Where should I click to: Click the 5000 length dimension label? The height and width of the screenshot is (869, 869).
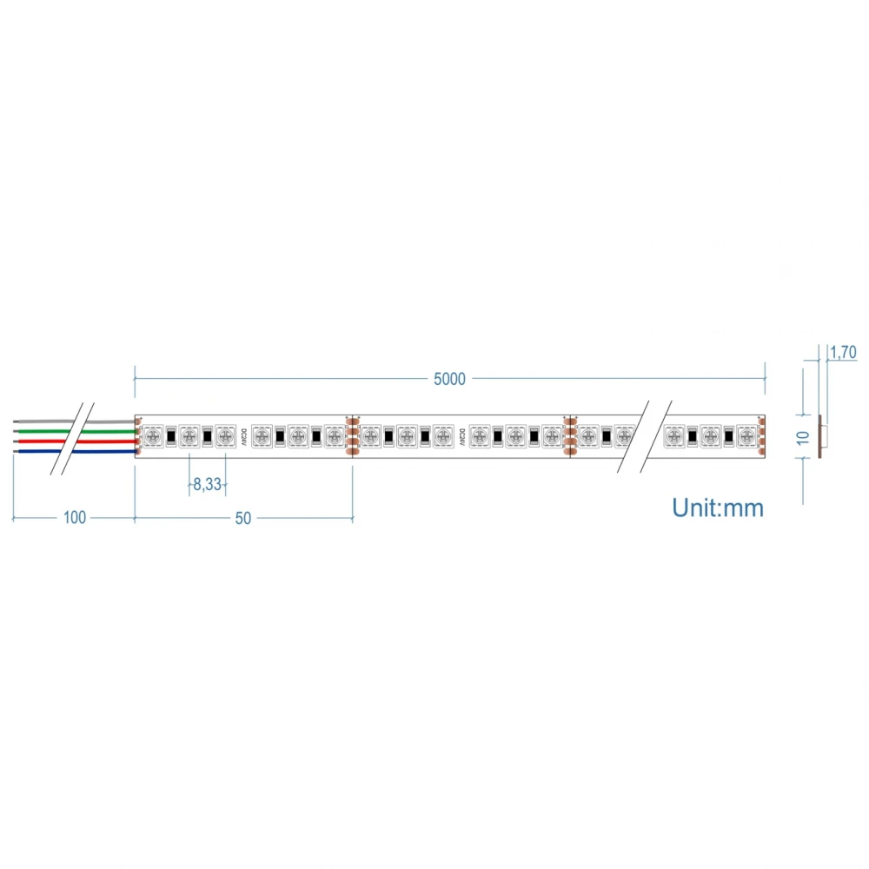[x=449, y=378]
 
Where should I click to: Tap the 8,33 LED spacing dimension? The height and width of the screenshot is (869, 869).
[x=207, y=485]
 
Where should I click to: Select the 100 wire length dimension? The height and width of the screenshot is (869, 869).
[x=75, y=518]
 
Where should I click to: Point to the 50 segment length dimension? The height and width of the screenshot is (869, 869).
[x=242, y=518]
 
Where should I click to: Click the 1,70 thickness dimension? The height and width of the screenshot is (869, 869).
[x=844, y=352]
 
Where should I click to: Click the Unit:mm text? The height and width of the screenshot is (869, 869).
[x=718, y=507]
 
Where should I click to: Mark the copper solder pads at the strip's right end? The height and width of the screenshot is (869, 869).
[x=761, y=435]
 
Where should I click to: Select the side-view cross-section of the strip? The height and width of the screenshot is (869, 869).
[x=823, y=435]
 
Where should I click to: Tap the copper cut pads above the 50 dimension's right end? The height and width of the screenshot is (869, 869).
[x=352, y=435]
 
